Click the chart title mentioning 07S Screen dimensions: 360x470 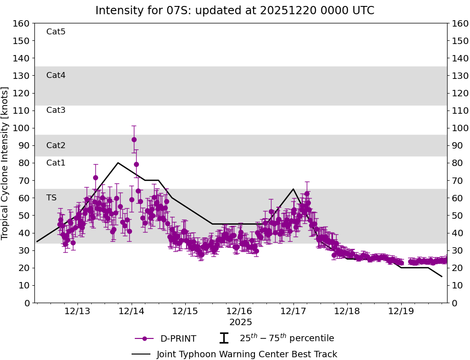click(235, 11)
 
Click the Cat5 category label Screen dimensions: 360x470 click(56, 32)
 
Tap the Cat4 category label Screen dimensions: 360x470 click(56, 75)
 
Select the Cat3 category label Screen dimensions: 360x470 click(56, 110)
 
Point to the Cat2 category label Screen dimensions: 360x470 click(56, 145)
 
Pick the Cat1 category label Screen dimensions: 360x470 click(56, 163)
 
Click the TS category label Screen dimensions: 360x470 click(51, 198)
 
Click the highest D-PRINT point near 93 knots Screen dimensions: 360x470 click(134, 139)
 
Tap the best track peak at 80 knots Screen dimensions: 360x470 click(118, 163)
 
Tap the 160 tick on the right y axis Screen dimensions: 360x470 click(460, 23)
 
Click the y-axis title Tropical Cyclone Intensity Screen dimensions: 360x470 click(6, 163)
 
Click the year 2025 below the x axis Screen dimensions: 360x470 click(241, 322)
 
